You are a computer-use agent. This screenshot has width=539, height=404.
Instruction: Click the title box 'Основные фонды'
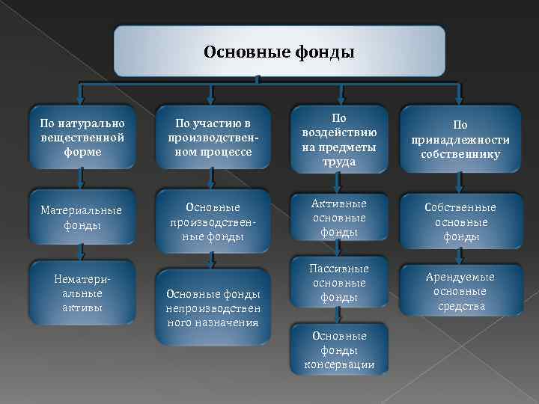[278, 52]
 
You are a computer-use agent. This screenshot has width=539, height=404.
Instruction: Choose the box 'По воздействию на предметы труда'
[339, 139]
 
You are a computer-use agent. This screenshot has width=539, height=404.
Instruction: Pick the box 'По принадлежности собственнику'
[460, 139]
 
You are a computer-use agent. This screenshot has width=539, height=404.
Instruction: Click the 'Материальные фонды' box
[82, 217]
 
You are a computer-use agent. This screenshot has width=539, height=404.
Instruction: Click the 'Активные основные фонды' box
[339, 217]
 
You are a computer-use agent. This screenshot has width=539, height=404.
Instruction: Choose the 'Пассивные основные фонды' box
[339, 283]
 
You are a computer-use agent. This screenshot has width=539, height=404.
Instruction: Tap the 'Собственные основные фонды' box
[460, 221]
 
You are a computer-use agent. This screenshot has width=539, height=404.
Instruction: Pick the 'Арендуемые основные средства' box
[460, 292]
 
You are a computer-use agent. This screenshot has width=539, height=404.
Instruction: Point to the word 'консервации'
[339, 364]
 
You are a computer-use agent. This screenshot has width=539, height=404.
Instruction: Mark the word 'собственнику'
[460, 154]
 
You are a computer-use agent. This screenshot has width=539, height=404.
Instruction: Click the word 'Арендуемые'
[460, 277]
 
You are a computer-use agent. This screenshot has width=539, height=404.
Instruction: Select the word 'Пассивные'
[339, 268]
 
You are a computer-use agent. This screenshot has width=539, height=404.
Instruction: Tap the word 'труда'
[339, 162]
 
